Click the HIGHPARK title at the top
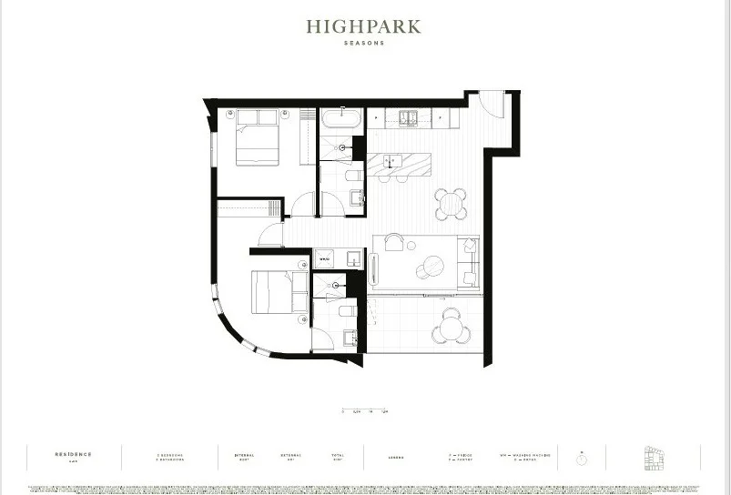coord(363,26)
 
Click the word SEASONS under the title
coord(363,43)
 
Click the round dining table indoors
coord(450,204)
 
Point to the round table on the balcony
coord(450,327)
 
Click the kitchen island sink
coord(391,162)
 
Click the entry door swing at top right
coord(492,103)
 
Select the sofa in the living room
coord(468,261)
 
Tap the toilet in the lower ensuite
coord(347,311)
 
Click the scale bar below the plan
coord(363,411)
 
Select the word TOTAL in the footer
coord(338,454)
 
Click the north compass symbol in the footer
coord(581,458)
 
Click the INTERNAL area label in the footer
coord(244,454)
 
